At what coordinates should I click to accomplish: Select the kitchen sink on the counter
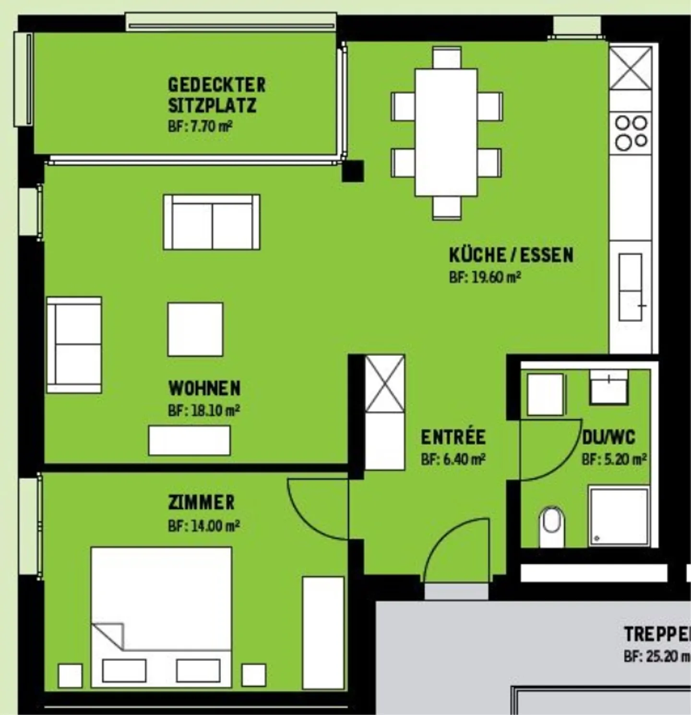coord(630,287)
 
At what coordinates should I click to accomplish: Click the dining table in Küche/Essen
coord(446,132)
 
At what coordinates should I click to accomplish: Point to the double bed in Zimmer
coord(161,617)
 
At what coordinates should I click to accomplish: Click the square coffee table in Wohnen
coord(195,329)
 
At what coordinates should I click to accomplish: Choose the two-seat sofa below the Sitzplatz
coord(212,222)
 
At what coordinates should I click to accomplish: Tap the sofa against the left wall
coord(74,345)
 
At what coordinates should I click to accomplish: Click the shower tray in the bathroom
coord(619,516)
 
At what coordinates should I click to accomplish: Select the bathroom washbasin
coord(608,387)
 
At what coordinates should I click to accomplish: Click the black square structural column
coord(353,171)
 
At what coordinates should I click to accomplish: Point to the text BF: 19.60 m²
coord(485,277)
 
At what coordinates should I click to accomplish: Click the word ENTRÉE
coord(453,437)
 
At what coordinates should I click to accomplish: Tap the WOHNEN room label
coord(204,388)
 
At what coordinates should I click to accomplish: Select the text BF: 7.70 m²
coord(200,127)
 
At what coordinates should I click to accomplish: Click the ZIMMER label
coord(202,502)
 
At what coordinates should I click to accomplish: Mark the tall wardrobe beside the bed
coord(323,633)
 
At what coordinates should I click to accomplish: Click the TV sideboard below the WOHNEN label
coord(189,440)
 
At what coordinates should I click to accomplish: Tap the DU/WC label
coord(608,437)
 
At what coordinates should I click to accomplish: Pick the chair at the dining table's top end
coord(446,58)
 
